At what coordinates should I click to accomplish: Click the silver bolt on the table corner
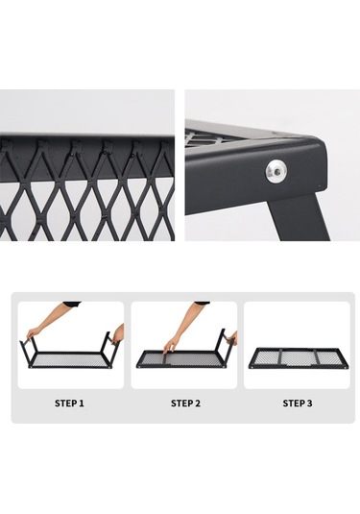point(276,170)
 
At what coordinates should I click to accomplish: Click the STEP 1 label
point(69,403)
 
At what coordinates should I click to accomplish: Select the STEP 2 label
point(185,403)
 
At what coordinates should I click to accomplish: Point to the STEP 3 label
point(298,403)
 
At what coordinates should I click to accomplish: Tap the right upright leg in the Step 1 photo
point(106,344)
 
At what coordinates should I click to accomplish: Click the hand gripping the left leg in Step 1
point(31,334)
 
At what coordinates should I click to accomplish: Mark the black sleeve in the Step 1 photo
point(72,304)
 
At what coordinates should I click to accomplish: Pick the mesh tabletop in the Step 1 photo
point(70,361)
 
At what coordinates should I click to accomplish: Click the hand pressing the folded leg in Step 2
point(170,347)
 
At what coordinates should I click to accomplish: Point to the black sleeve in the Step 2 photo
point(203,304)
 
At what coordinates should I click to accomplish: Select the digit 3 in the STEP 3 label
point(310,403)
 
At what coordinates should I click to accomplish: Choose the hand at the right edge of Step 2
point(232,339)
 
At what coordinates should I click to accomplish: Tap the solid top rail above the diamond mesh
point(87,136)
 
